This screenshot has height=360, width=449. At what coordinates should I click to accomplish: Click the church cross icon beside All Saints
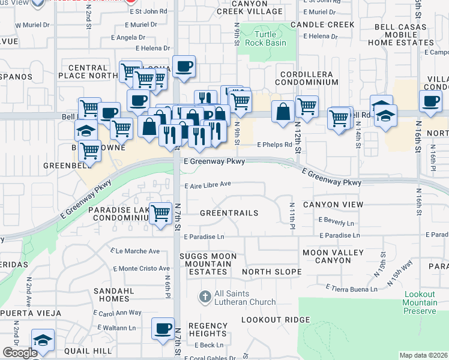205,296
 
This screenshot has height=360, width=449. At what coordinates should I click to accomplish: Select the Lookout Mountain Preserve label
420,302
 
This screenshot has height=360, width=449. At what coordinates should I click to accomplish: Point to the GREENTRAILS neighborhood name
229,213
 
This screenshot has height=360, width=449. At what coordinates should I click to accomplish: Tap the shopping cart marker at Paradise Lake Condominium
161,214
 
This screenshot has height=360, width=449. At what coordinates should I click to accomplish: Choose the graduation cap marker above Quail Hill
42,341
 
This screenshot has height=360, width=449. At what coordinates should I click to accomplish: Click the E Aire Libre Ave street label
208,185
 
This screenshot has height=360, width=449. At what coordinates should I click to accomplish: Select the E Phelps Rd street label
274,145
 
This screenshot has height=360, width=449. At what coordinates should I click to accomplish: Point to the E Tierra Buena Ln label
352,289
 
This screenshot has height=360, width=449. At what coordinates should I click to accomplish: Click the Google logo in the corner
20,352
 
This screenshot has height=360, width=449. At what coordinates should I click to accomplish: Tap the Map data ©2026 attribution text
423,355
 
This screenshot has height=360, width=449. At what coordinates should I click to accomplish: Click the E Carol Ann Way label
118,313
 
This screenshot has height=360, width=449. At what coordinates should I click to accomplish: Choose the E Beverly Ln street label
337,222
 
